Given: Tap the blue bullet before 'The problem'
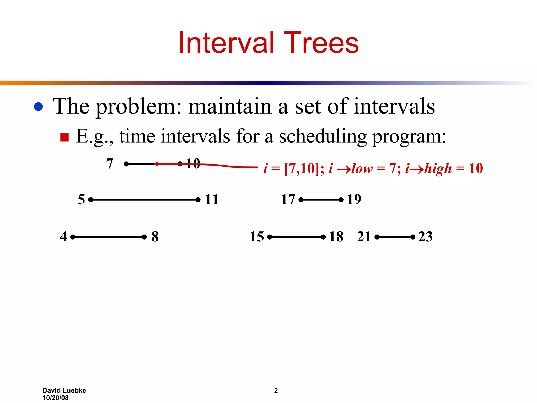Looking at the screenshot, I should tap(39, 107).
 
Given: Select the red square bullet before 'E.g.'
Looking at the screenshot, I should tap(64, 137).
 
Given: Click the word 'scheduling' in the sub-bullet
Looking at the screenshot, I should tap(323, 137).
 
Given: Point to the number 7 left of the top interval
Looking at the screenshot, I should tap(110, 164).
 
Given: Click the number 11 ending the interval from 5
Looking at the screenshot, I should tap(212, 199).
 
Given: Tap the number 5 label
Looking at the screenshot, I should tap(82, 199).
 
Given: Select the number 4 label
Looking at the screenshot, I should tap(63, 236).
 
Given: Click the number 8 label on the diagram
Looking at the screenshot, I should tap(155, 236).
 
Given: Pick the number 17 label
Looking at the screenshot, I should tap(288, 199).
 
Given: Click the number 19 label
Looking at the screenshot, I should tap(354, 199).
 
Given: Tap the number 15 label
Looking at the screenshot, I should tap(257, 236).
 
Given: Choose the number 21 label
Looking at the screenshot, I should tap(364, 236).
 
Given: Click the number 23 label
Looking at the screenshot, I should tap(425, 236).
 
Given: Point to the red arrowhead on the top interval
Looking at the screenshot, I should tap(156, 164).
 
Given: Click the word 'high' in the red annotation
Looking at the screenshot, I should tap(438, 168).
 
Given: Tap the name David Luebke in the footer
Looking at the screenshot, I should tap(64, 390).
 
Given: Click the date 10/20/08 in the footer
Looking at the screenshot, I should tap(55, 398).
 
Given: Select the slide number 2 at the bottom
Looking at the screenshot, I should tap(276, 390).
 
